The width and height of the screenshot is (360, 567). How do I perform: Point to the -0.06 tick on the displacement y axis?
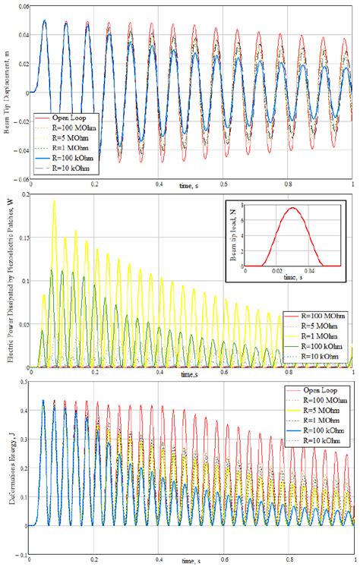pyautogui.click(x=19, y=178)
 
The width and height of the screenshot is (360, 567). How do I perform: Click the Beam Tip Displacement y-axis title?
pyautogui.click(x=7, y=92)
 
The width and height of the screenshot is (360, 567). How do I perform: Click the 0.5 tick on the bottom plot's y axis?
pyautogui.click(x=21, y=382)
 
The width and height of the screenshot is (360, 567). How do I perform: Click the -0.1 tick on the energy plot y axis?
pyautogui.click(x=20, y=555)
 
